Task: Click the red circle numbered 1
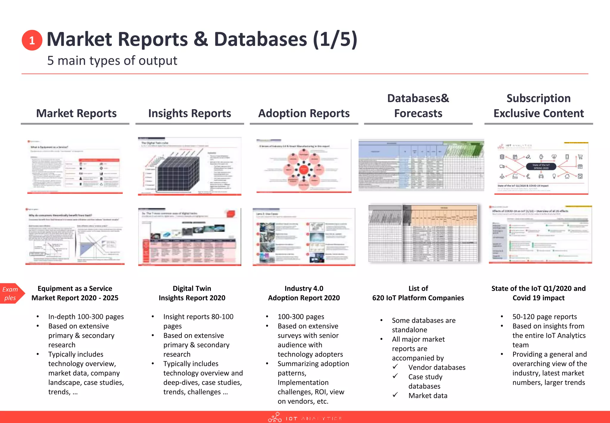32,40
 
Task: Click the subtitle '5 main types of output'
112,61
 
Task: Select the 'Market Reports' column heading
76,113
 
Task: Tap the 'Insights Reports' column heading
189,113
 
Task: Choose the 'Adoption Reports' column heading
304,113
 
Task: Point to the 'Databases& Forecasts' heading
418,106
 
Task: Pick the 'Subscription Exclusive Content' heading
539,106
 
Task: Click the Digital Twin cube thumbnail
189,166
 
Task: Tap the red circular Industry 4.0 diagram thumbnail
304,166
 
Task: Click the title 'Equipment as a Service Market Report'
75,293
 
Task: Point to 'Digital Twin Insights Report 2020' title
192,293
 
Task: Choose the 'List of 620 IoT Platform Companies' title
418,293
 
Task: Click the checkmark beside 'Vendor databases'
395,367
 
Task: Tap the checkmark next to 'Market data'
395,395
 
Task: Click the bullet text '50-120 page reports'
544,317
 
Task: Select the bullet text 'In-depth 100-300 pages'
86,317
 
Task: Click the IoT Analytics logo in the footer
304,418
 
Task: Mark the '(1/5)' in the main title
335,39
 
